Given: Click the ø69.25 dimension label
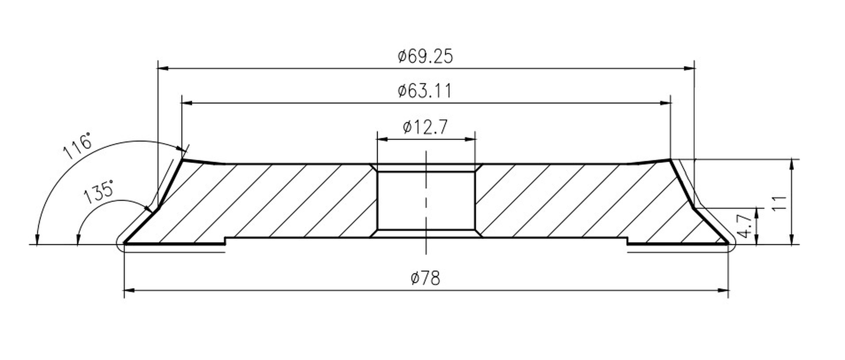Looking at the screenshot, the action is (425, 56).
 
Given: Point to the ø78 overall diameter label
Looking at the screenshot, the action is (425, 278).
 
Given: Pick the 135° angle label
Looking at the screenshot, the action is (98, 192).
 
